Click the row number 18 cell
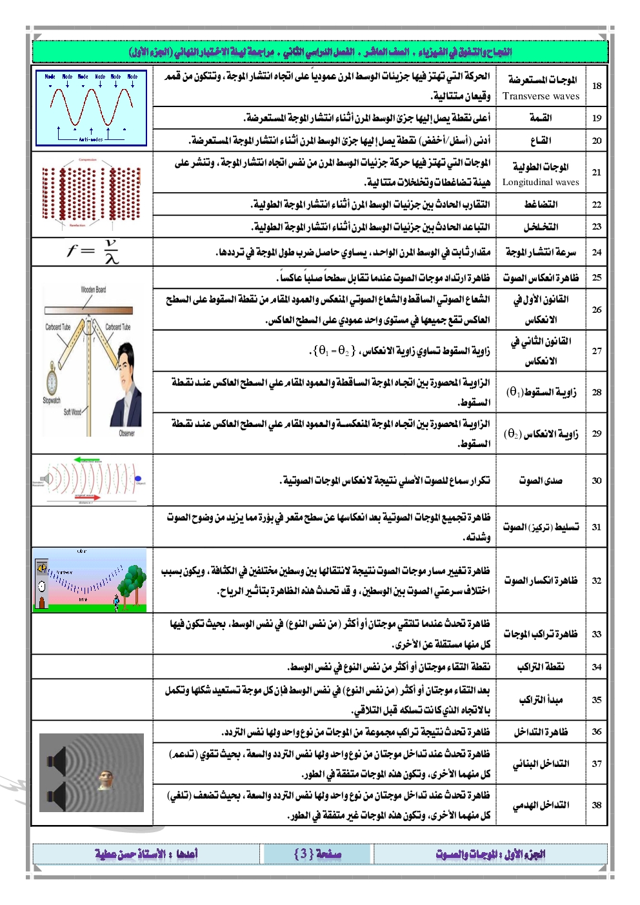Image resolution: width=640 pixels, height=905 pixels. click(x=597, y=86)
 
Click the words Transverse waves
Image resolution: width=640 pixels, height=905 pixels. click(x=541, y=96)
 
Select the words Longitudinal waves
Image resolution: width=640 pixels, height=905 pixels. click(x=541, y=182)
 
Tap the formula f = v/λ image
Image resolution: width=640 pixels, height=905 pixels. click(x=93, y=252)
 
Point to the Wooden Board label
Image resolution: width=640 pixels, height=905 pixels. click(x=93, y=290)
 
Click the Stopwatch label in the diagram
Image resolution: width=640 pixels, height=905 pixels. click(x=52, y=400)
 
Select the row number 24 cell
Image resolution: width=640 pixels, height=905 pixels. click(x=597, y=252)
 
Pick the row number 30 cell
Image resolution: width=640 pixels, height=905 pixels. click(x=597, y=481)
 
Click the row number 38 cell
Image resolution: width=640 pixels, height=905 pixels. click(x=597, y=804)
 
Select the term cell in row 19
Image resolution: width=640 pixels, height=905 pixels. click(x=541, y=118)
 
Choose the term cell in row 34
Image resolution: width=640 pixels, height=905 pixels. click(x=541, y=667)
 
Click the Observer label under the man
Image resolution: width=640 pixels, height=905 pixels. click(x=127, y=433)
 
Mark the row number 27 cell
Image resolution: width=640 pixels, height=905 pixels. click(x=597, y=351)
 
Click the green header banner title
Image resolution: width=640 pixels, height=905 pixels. click(x=320, y=52)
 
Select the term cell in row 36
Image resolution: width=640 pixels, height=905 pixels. click(x=541, y=731)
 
